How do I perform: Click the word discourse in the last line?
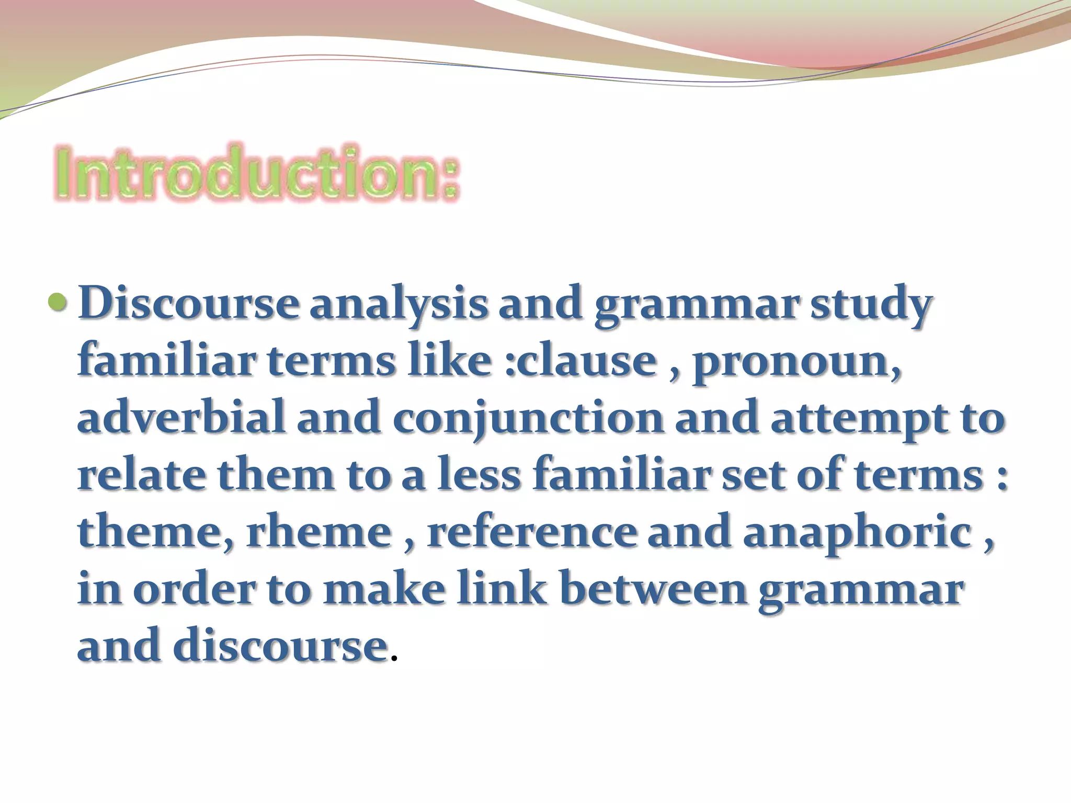tap(280, 646)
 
